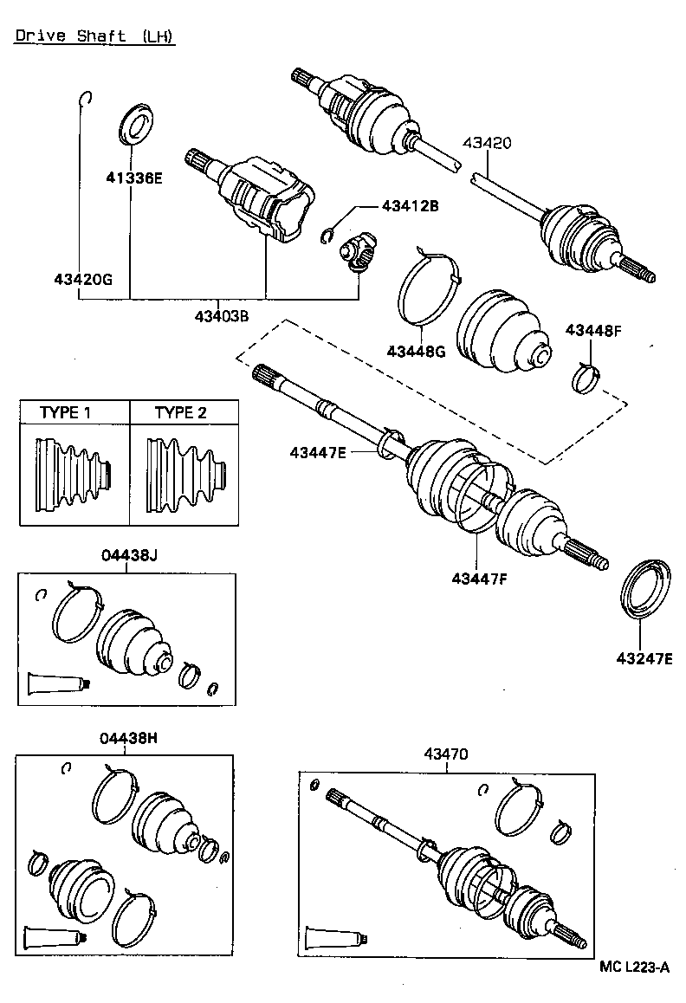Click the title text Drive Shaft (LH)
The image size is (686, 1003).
[94, 36]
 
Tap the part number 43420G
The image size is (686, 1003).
[83, 279]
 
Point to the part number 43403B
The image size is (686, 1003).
[222, 316]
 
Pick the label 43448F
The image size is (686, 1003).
[594, 330]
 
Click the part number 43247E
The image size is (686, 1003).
[644, 659]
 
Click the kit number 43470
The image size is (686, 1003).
[446, 754]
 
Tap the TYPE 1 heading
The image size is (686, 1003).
[65, 412]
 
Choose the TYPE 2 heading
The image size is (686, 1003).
[181, 412]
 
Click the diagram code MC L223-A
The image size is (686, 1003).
[635, 967]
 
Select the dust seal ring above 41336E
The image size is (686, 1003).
[134, 123]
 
